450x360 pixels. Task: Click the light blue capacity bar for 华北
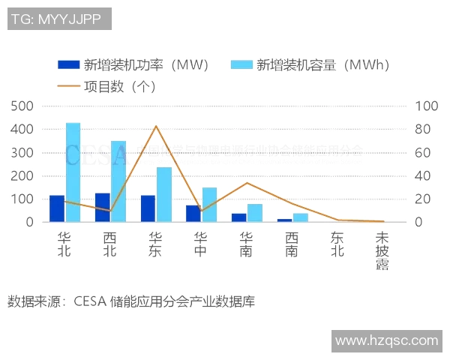click(73, 172)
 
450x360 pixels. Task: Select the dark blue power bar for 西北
click(103, 208)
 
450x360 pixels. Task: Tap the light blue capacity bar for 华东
click(163, 195)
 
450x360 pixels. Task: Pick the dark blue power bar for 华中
click(193, 214)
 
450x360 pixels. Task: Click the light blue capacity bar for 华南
click(255, 213)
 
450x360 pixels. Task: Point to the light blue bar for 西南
click(300, 217)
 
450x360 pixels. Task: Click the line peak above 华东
click(156, 126)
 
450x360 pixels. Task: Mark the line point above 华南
click(247, 183)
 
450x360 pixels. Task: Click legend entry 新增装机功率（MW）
click(133, 64)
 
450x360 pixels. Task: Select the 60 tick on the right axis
click(423, 153)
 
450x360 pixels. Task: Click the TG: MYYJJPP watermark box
click(60, 19)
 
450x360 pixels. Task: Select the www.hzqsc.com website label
click(386, 340)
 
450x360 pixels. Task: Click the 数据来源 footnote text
click(131, 302)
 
